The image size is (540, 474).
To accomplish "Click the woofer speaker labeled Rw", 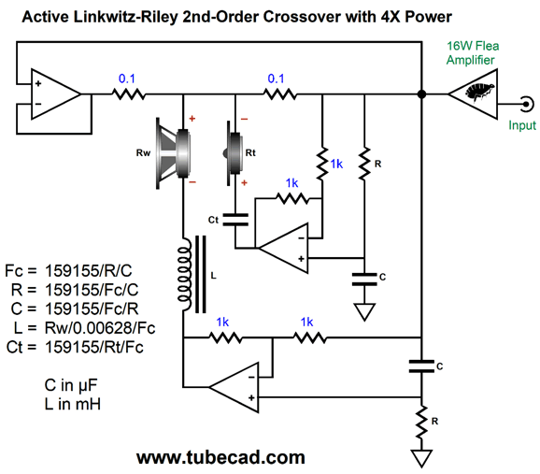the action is coord(173,153).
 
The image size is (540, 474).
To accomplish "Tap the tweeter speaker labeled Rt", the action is coord(234,153).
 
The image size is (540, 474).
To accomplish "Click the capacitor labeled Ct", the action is coord(235,220).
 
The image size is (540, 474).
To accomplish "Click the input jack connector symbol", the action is coord(527,104).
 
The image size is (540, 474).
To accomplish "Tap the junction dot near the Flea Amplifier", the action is coord(421,93).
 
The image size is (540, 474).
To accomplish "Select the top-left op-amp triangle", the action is coord(56,94).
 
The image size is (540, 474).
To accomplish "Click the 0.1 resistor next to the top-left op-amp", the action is coord(128,94).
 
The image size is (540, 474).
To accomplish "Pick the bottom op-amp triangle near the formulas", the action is coord(234,387).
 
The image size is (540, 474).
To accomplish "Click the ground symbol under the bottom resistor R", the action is coord(421,458).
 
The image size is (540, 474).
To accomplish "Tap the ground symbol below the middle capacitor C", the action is coord(364,312).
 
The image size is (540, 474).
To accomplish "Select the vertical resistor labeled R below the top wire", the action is coord(364,163).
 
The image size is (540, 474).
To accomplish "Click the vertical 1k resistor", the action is coord(322,163).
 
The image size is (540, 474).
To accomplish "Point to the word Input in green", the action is coord(522,125).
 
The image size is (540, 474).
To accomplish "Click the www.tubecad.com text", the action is coord(220,457).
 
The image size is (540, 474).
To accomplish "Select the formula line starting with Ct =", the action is coord(75,347).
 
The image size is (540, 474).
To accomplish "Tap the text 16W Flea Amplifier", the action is coord(473,52).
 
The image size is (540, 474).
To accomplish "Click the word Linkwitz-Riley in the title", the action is coord(126,17).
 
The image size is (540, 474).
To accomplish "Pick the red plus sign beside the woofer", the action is coord(192,119).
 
